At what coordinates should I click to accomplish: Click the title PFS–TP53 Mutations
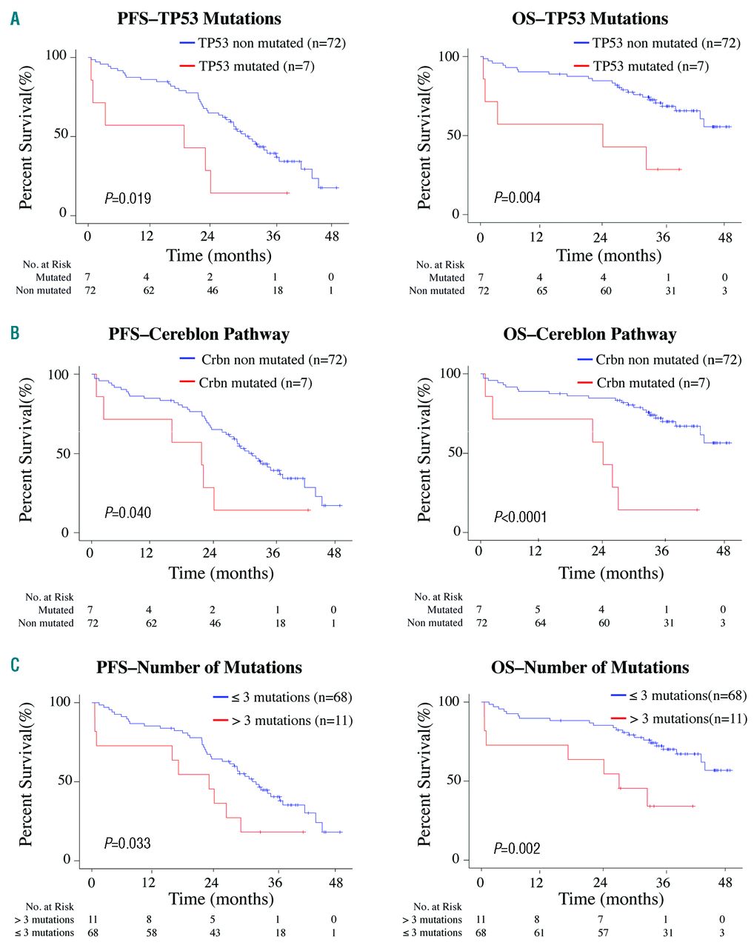tap(199, 18)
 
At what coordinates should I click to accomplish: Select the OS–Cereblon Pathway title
tap(590, 334)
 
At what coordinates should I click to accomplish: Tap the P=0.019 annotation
tap(127, 198)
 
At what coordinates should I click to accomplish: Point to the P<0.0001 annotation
tap(520, 516)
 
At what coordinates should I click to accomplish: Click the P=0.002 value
tap(517, 848)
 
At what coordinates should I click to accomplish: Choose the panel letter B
tap(15, 333)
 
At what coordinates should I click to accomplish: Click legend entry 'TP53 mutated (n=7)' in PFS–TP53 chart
tap(256, 67)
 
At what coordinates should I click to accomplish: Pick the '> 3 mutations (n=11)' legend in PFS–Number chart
tap(292, 721)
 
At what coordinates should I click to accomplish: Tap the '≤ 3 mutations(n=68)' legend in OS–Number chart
tap(687, 695)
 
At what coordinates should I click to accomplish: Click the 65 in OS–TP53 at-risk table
tap(542, 291)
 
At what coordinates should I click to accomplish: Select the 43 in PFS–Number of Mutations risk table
tap(215, 932)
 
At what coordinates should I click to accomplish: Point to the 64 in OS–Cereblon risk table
tap(541, 623)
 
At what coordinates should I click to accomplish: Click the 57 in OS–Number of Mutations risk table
tap(604, 932)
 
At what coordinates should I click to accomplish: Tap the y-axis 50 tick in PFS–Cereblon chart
tap(63, 453)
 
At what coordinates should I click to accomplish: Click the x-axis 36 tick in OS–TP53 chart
tap(663, 237)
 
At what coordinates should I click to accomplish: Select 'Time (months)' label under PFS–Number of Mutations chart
tap(221, 898)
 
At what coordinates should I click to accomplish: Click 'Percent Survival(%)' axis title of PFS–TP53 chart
tap(27, 137)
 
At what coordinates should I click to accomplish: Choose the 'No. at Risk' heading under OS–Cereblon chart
tap(438, 597)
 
